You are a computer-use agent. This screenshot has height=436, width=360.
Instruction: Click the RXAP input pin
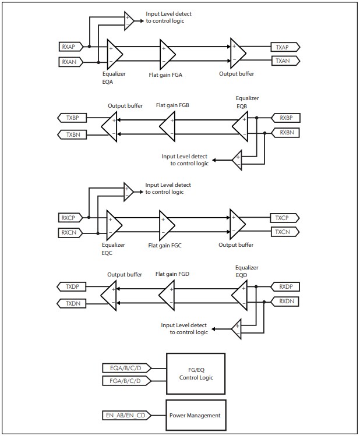71,46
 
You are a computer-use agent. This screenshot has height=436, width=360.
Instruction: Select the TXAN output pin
285,60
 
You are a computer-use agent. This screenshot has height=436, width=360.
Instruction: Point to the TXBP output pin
73,118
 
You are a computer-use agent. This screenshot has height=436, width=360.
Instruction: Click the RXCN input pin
71,232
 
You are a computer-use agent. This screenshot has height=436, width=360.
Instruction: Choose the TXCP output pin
285,218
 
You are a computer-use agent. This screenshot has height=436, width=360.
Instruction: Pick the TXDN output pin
73,303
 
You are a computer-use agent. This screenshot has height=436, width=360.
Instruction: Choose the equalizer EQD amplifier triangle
240,295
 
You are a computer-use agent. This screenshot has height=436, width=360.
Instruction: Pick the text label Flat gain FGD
172,274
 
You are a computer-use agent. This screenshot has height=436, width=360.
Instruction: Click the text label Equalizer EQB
247,102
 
